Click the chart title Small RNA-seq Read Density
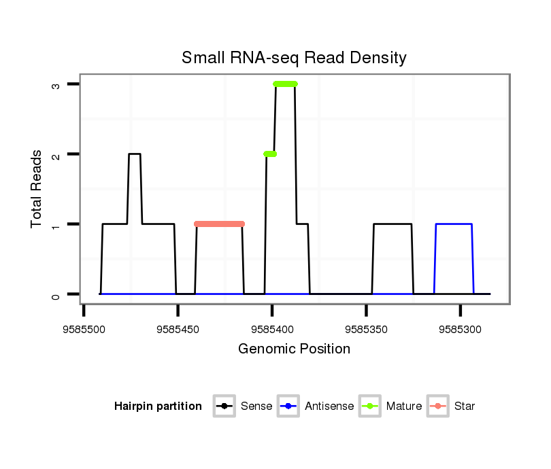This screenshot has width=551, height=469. (x=294, y=58)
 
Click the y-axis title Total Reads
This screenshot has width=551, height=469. (x=37, y=189)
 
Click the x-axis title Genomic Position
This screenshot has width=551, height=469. (x=294, y=349)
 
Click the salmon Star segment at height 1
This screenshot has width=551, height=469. (x=219, y=224)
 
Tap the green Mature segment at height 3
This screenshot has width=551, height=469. (x=285, y=84)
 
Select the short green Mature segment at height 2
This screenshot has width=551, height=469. (x=270, y=154)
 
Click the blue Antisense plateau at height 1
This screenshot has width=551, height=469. (x=454, y=224)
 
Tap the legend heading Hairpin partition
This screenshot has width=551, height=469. (x=158, y=406)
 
